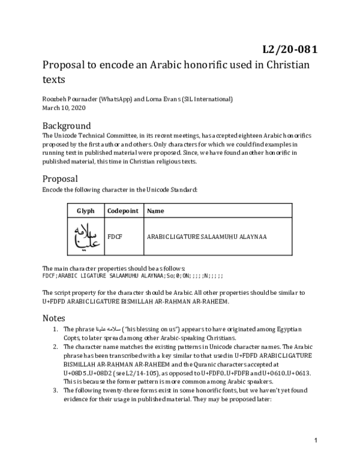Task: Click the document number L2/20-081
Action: tap(290, 49)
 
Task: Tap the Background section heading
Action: tap(67, 126)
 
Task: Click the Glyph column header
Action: tap(85, 211)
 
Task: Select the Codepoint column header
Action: tap(122, 211)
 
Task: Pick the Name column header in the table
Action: tap(155, 211)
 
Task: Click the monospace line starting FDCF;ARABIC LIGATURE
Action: tap(133, 276)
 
